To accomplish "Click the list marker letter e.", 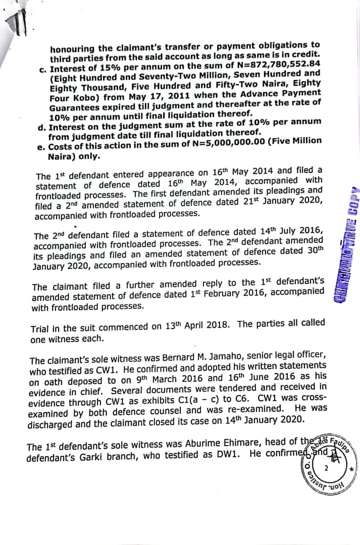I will pyautogui.click(x=41, y=147).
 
